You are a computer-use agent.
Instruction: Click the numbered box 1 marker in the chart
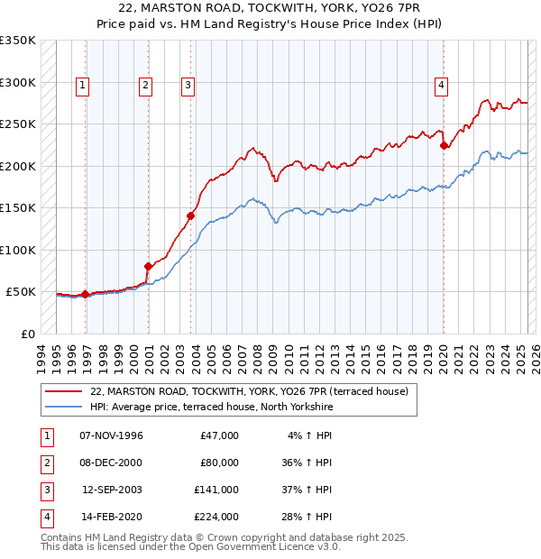point(82,86)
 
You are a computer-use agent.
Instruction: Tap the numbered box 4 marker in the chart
point(442,86)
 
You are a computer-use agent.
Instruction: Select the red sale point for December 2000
point(149,266)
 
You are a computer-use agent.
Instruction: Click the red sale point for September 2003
point(191,215)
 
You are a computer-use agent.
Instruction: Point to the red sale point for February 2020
point(444,145)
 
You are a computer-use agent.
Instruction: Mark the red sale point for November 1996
point(86,294)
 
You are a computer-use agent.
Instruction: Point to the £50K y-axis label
point(20,292)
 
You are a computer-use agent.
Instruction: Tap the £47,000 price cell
point(219,435)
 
